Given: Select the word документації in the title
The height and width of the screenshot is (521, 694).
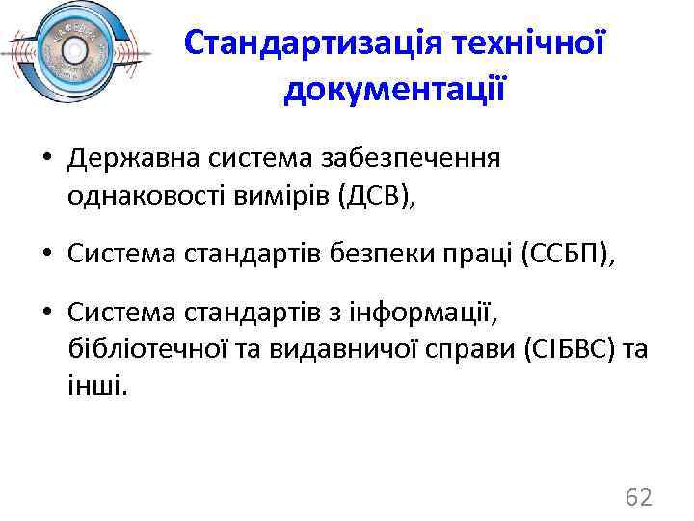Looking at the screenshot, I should [395, 90].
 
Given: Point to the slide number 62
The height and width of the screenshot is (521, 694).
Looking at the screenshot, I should [639, 498].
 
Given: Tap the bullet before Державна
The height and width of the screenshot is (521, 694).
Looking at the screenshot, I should [46, 158].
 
